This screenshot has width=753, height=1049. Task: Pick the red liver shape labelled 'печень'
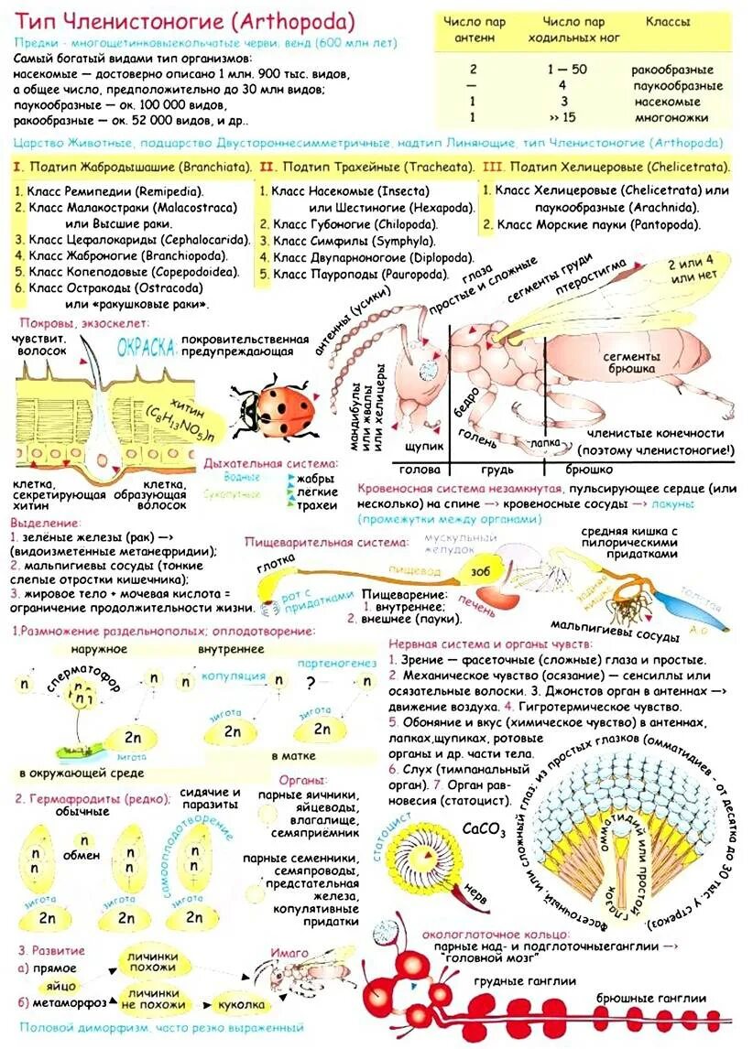[498, 596]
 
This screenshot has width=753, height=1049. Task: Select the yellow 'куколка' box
[243, 1004]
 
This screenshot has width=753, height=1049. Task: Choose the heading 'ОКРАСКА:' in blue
[146, 348]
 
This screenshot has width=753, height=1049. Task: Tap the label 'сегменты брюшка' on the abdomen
[631, 362]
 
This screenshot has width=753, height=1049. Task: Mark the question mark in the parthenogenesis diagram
[311, 683]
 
